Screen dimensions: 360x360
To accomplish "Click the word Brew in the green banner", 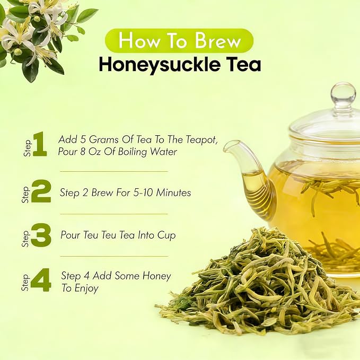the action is coord(218,41).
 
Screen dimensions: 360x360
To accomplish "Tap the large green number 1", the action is coord(40,144).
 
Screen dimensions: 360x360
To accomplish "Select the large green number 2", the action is coord(41,191).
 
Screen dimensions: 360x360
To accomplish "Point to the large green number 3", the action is coord(41,235).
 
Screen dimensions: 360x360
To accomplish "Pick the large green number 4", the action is coord(41,280).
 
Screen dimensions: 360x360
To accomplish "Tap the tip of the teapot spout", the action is coord(226,147).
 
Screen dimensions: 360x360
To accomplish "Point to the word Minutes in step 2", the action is coord(173,192).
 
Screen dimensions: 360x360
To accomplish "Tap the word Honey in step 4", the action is coord(157,276).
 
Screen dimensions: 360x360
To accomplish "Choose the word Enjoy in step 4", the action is coord(86,288).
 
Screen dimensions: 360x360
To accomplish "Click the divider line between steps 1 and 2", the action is coord(114,171).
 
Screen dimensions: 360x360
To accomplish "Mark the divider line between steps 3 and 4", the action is coord(114,256).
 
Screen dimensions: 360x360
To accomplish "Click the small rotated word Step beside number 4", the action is coord(25,282).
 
